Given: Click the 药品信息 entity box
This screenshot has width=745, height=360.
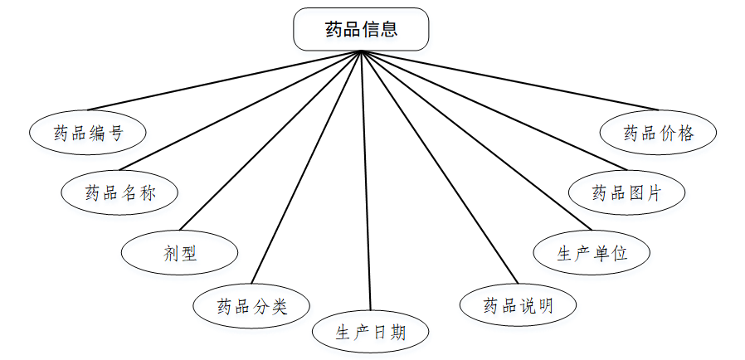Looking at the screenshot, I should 361,29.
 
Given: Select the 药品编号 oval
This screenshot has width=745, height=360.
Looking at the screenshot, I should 88,133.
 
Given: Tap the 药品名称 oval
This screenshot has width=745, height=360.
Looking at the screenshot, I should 120,193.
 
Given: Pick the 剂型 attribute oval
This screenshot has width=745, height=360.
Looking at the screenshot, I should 180,253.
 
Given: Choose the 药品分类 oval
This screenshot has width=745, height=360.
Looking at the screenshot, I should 251,306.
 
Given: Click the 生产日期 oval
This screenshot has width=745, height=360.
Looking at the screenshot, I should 371,333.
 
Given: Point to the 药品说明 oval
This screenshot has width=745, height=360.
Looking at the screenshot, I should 518,305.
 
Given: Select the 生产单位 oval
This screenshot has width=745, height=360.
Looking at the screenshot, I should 592,252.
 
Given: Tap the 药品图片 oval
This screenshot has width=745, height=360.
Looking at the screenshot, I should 626,193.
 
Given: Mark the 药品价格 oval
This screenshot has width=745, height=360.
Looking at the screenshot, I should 658,133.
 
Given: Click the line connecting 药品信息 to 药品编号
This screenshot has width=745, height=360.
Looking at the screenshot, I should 224,80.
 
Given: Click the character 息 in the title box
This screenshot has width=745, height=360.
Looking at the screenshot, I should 389,29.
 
